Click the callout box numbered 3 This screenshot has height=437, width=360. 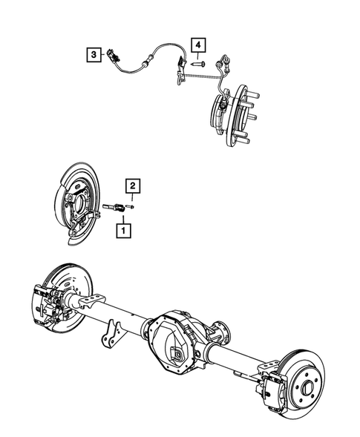pos(92,53)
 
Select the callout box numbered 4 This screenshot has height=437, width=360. pos(198,46)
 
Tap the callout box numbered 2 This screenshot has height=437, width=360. pos(131,185)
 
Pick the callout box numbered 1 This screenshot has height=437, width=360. pos(120,231)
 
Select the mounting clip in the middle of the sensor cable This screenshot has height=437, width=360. pos(179,72)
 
